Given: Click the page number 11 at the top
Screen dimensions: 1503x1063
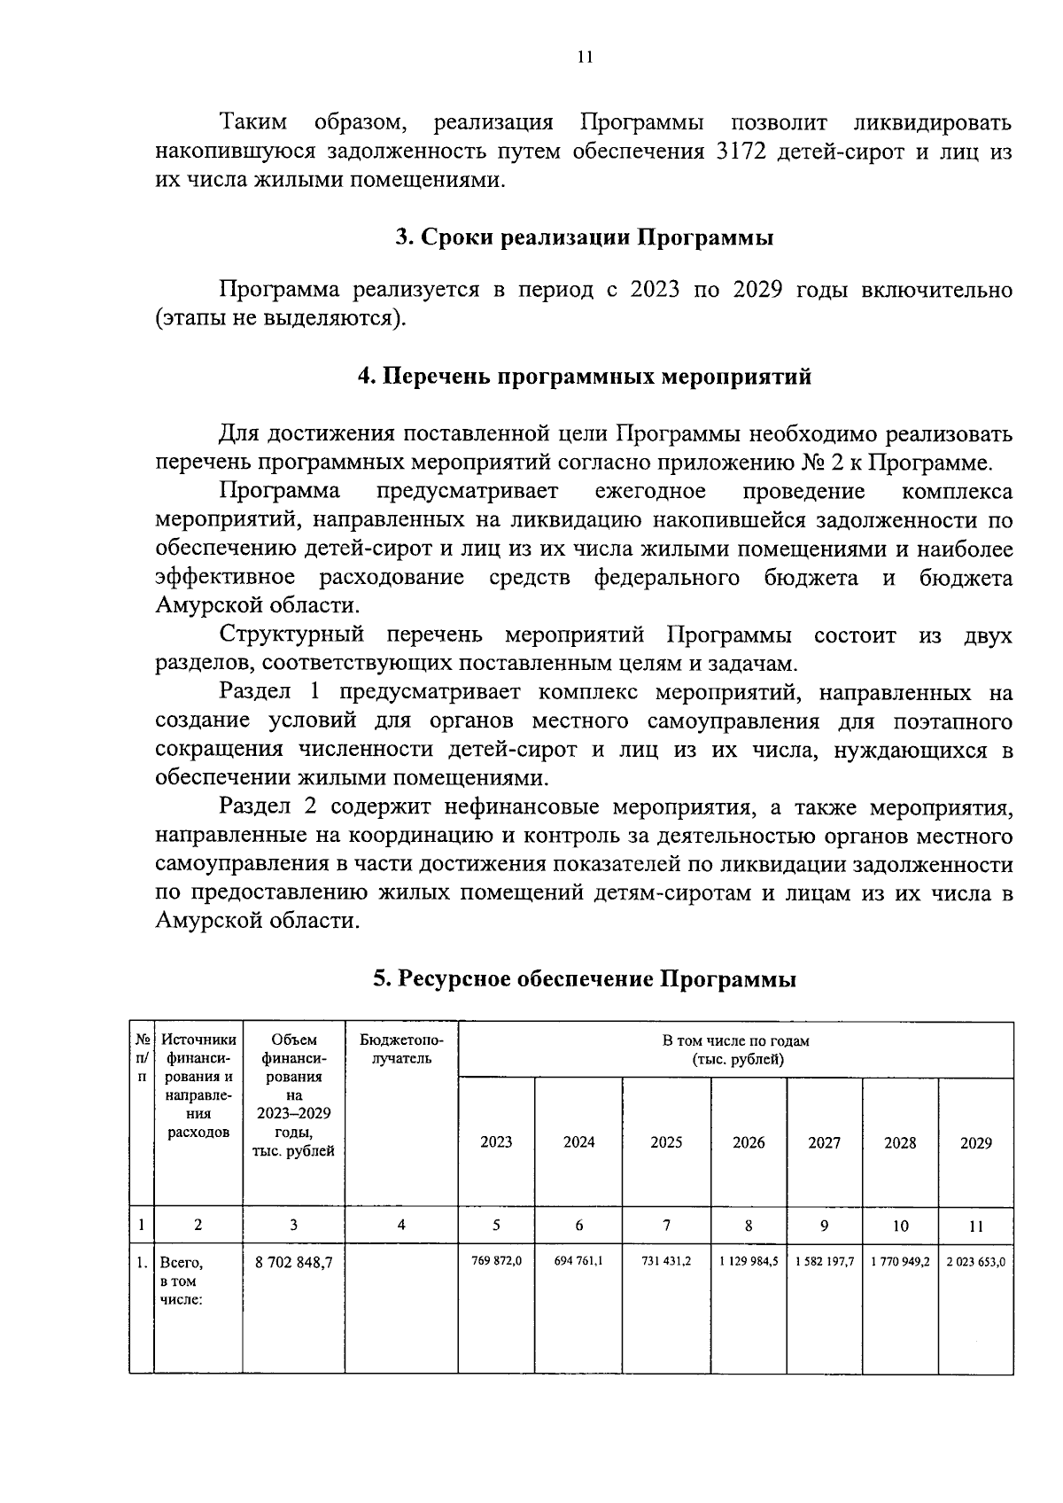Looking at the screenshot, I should point(584,58).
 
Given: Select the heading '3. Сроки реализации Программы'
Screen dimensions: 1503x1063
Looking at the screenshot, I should point(584,238).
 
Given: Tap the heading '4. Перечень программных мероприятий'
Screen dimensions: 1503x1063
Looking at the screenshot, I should point(584,377).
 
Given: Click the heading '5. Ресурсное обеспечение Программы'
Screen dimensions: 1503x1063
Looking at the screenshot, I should point(584,979).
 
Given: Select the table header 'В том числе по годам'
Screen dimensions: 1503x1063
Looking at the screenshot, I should point(736,1049).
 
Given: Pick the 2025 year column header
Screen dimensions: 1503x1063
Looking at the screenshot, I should point(666,1142).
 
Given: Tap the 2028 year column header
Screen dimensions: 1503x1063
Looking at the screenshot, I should point(900,1142).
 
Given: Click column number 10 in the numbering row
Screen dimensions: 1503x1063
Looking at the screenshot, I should point(900,1226).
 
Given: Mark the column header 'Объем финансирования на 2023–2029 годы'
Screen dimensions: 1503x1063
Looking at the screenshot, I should point(293,1095).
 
